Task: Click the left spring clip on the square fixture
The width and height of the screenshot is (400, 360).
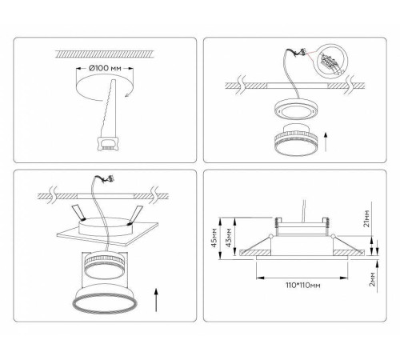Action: tap(79, 213)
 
